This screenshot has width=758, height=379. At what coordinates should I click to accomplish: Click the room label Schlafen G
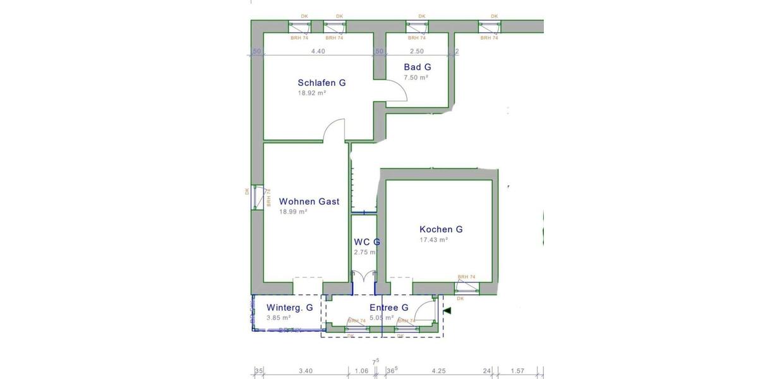[x=322, y=83]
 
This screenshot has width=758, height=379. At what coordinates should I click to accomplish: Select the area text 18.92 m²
[x=311, y=93]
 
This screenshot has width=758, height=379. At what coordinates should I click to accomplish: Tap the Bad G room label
[x=417, y=67]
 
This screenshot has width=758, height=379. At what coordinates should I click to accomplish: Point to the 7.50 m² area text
[x=416, y=78]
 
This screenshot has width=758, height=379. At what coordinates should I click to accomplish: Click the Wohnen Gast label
[x=309, y=202]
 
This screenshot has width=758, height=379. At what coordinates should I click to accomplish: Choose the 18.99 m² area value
[x=293, y=212]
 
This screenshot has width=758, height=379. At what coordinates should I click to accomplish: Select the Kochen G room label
[x=441, y=229]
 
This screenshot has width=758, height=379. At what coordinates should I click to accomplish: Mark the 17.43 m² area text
[x=433, y=240]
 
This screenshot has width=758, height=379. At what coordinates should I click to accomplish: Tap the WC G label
[x=366, y=242]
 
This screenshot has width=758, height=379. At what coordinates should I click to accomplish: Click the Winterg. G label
[x=289, y=308]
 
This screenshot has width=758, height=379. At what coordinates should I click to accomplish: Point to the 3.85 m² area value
[x=278, y=318]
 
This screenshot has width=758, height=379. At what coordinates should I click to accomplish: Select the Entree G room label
[x=388, y=308]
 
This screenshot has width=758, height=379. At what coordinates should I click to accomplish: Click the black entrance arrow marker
[x=447, y=311]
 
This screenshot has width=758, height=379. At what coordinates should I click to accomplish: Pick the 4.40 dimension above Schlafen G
[x=318, y=52]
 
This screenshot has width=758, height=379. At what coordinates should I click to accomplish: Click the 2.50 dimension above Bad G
[x=416, y=52]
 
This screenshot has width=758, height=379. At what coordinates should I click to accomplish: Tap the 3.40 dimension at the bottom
[x=305, y=371]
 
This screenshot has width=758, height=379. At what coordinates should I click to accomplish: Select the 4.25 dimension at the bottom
[x=438, y=371]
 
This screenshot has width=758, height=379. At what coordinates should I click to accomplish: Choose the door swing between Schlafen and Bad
[x=397, y=93]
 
